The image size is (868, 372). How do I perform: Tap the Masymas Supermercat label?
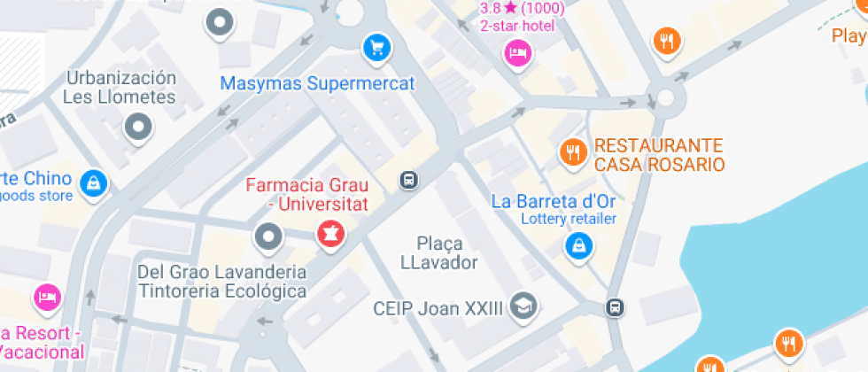(317, 84)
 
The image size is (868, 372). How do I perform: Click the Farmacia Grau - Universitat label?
(306, 196)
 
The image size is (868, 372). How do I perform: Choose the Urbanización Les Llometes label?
(120, 87)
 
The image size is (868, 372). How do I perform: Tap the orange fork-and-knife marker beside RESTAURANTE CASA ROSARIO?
(574, 152)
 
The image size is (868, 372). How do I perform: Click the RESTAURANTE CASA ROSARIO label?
(659, 155)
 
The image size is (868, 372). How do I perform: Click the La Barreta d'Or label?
(554, 201)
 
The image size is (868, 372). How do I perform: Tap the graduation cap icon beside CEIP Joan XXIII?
(525, 306)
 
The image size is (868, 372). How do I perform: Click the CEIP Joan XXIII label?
(438, 308)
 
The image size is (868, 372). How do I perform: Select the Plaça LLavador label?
(438, 252)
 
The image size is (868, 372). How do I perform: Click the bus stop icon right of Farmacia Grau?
(408, 180)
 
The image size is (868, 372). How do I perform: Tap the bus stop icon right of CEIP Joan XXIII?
(613, 307)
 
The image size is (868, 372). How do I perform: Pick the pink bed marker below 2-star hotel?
(517, 54)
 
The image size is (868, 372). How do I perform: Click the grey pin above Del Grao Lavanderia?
(267, 237)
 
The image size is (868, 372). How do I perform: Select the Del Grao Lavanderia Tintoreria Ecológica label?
(222, 280)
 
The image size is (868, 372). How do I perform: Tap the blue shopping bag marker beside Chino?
(92, 183)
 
